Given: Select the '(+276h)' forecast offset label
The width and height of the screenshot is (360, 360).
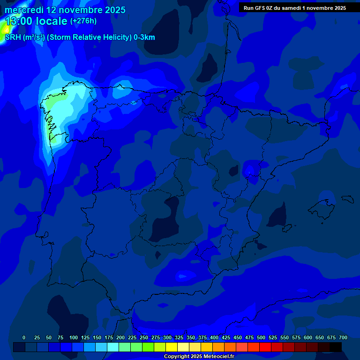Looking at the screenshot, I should (83, 21).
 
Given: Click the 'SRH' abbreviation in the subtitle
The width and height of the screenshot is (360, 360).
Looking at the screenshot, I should (13, 37).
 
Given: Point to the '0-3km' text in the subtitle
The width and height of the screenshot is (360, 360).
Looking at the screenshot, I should (144, 37).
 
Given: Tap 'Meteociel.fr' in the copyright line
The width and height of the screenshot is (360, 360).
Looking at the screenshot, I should (217, 356).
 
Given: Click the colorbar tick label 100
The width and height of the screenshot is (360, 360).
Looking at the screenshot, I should (73, 337).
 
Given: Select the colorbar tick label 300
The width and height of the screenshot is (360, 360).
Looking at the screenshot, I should (167, 337).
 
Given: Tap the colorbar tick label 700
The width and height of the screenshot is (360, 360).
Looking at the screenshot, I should (343, 337).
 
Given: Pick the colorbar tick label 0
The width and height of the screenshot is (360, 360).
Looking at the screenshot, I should (24, 337).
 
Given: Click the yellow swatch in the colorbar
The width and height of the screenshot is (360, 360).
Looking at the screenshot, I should (172, 347).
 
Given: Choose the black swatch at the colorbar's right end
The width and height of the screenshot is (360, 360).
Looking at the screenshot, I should (336, 347).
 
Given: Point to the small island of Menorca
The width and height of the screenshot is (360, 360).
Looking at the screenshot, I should (347, 199).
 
